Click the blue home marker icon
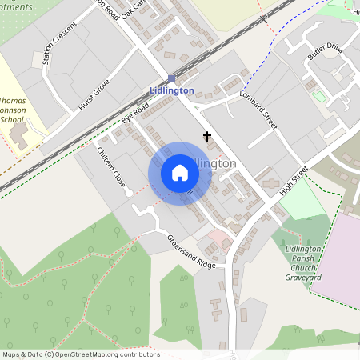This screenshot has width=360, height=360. click(180, 172)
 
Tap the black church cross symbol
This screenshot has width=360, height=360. click(207, 137)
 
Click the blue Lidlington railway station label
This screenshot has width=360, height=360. click(171, 90)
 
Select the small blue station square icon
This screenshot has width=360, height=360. click(172, 78)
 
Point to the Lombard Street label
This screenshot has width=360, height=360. click(258, 110)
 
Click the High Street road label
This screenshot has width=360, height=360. click(294, 182)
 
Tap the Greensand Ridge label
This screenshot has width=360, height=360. click(191, 252)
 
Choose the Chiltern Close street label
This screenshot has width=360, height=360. click(111, 169)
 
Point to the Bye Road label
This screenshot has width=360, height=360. click(135, 112)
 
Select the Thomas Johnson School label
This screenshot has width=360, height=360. click(18, 111)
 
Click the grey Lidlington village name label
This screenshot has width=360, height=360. click(217, 163)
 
